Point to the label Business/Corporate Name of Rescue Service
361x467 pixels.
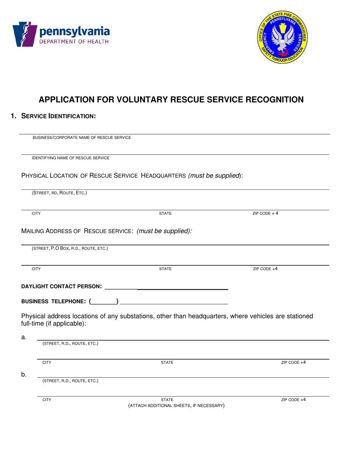pyautogui.click(x=82, y=137)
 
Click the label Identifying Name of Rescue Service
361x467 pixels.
pyautogui.click(x=70, y=158)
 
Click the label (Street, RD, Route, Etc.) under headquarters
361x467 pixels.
pyautogui.click(x=59, y=193)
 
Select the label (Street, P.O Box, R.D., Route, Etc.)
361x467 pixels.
pyautogui.click(x=70, y=249)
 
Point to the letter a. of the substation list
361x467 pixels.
pyautogui.click(x=24, y=337)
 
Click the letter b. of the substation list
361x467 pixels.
pyautogui.click(x=24, y=375)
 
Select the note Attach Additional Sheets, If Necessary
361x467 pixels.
pyautogui.click(x=176, y=405)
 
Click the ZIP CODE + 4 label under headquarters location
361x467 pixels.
pyautogui.click(x=265, y=213)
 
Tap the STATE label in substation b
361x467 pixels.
pyautogui.click(x=167, y=400)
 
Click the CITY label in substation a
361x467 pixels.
pyautogui.click(x=47, y=363)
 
